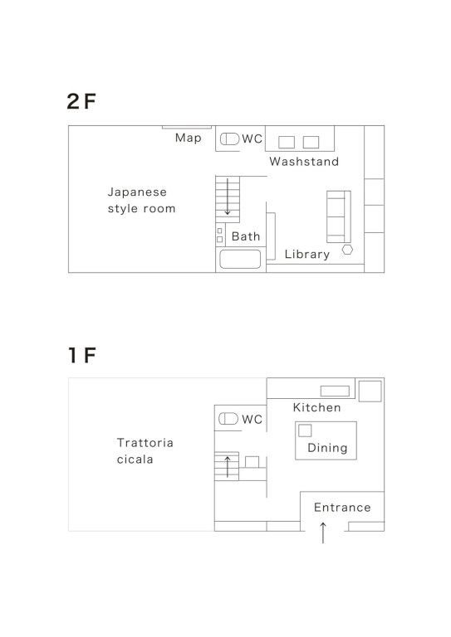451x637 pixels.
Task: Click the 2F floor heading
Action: coord(81,101)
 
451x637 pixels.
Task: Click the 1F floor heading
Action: coord(82,355)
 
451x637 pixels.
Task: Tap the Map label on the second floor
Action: coord(189,139)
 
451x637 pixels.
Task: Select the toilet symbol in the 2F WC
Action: coord(229,139)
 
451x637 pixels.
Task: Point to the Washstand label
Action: coord(304,162)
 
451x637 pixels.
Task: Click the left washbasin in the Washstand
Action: coord(287,142)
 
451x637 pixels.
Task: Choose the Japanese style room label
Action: coord(141,200)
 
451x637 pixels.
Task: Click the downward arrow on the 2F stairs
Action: coord(228,197)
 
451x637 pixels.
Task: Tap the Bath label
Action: coord(246,236)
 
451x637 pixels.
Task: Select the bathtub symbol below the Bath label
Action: coord(240,259)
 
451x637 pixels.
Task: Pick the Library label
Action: coord(307,255)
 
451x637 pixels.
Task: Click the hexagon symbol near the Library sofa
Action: coord(347,250)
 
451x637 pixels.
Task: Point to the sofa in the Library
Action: coord(339,216)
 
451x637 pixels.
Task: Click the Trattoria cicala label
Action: coord(145,451)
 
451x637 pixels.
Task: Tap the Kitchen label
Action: coord(316,407)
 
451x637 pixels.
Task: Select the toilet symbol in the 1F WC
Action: coord(228,419)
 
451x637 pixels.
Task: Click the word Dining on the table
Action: coord(327,448)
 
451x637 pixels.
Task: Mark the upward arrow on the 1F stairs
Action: coord(228,466)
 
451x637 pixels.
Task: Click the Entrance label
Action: coord(342,508)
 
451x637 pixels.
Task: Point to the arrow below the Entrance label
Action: coord(323,532)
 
